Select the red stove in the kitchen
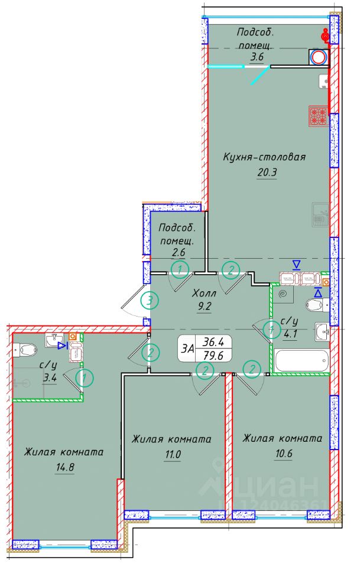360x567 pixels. pyautogui.click(x=318, y=115)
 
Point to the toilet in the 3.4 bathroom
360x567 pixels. pyautogui.click(x=27, y=350)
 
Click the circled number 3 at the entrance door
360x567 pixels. pyautogui.click(x=151, y=301)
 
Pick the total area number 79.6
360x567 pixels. pyautogui.click(x=216, y=355)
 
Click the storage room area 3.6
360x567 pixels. pyautogui.click(x=256, y=57)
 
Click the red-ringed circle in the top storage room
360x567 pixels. pyautogui.click(x=319, y=57)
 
